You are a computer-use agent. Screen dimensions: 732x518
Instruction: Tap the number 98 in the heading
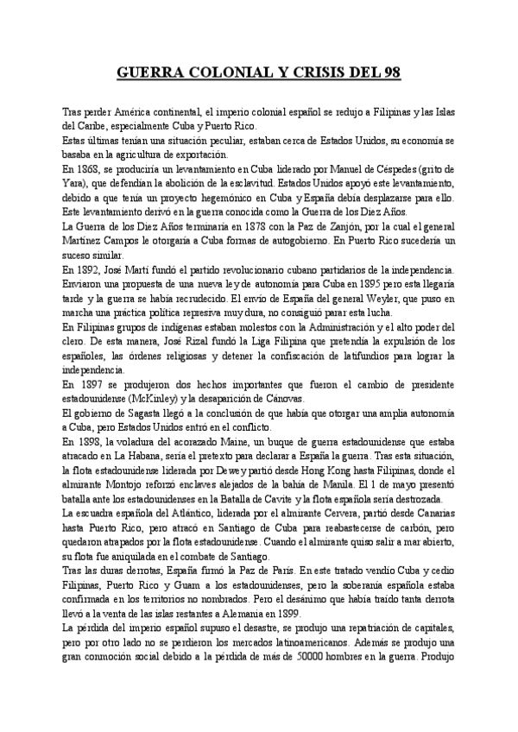click(x=389, y=75)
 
